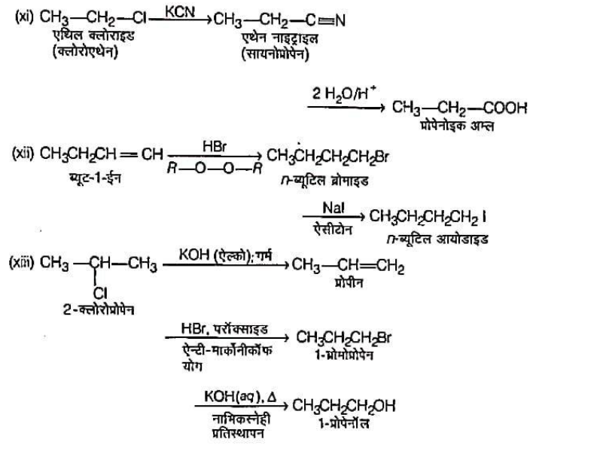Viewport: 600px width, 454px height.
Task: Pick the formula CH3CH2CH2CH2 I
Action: click(429, 221)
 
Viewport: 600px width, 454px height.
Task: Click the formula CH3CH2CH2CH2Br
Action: click(327, 157)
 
